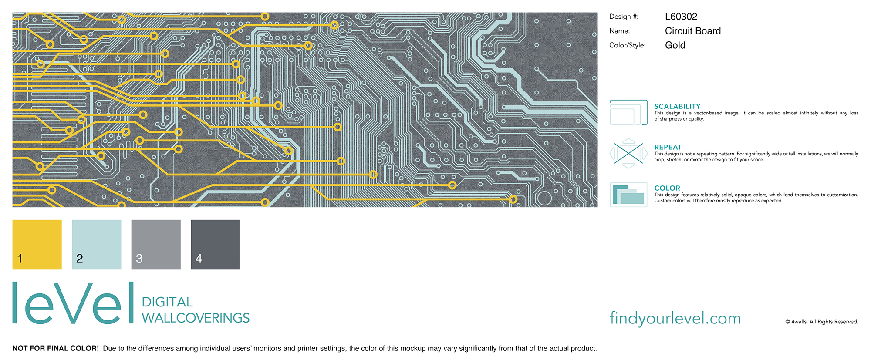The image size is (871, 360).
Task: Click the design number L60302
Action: tap(681, 17)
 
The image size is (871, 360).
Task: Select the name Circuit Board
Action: tap(692, 31)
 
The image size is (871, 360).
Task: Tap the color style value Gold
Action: tap(675, 45)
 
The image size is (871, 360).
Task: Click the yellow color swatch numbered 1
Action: tap(37, 244)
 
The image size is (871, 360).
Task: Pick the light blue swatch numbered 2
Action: tap(96, 244)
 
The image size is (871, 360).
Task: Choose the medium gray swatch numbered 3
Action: tap(156, 244)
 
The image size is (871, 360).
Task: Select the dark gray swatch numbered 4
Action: tap(216, 244)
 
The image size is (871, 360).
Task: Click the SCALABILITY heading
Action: tap(677, 106)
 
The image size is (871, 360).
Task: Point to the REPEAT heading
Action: tap(668, 147)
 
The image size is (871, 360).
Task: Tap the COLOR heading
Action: tap(667, 188)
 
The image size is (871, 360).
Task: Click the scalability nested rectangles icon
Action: tap(628, 112)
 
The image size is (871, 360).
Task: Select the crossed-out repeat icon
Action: tap(628, 153)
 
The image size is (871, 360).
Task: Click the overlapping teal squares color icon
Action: tap(628, 194)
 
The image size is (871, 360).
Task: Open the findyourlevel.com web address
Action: tap(675, 318)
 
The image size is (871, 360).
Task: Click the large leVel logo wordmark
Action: tap(73, 303)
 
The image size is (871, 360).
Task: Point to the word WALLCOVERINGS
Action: tap(196, 318)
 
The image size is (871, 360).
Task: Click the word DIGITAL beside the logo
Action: tap(167, 302)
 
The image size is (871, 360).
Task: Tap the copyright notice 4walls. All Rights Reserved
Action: tap(822, 322)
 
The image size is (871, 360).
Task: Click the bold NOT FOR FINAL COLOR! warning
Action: tap(56, 348)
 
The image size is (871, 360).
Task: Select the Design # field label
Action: tap(624, 17)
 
